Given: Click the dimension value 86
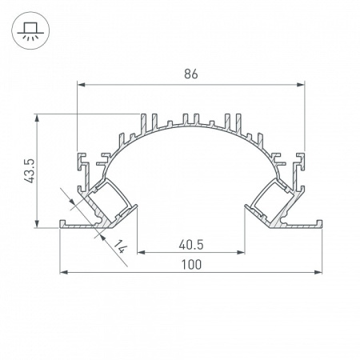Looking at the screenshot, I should [190, 74].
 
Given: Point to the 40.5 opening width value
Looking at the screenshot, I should [189, 243].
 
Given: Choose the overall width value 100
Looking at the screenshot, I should [190, 264].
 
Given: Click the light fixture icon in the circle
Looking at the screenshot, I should [29, 29].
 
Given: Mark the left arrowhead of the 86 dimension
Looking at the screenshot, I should [81, 84].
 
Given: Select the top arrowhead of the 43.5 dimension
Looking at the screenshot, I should [38, 118].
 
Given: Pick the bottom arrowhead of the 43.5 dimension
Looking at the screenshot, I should [38, 223].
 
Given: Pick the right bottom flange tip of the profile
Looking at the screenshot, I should [319, 225].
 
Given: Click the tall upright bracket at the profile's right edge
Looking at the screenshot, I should [303, 170].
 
